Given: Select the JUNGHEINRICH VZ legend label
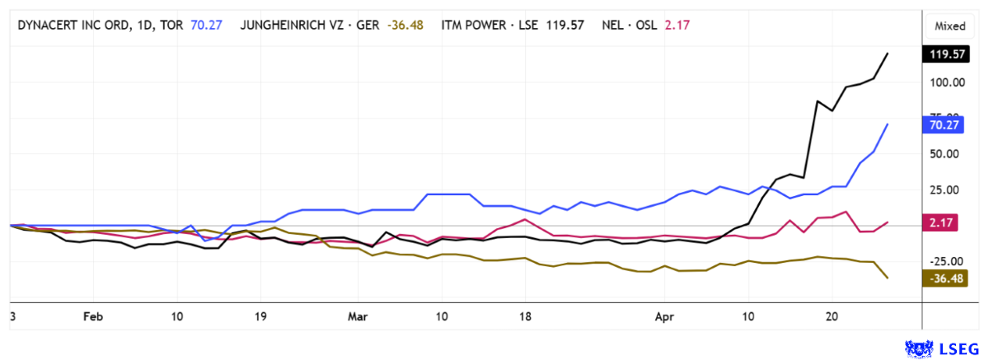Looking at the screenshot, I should click(x=310, y=25).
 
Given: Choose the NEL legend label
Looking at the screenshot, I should click(x=630, y=25).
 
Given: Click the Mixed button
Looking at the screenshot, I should click(x=949, y=26).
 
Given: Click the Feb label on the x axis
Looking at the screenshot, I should click(x=93, y=316).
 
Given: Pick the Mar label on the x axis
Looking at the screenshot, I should click(x=358, y=316).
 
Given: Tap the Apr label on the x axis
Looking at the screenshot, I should click(x=664, y=316).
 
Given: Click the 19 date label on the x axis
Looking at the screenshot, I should click(x=260, y=316).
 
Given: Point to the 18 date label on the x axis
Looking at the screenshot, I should click(x=525, y=316).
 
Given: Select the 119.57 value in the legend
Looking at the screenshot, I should click(x=565, y=25).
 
